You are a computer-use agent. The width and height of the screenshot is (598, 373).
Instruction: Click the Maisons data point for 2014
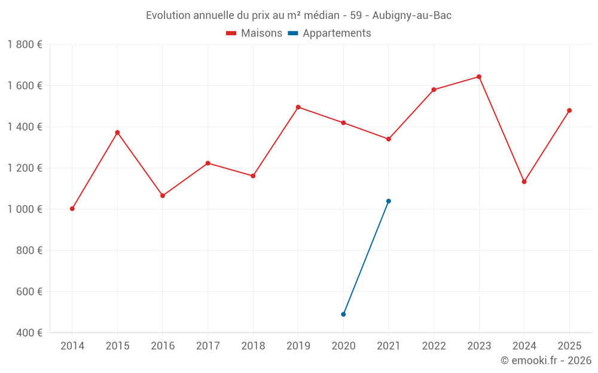click(72, 209)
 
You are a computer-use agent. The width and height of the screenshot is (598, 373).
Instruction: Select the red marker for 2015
click(117, 132)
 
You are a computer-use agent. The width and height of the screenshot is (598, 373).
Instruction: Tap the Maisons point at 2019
click(298, 107)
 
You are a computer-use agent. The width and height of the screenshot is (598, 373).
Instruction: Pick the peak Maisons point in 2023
click(479, 76)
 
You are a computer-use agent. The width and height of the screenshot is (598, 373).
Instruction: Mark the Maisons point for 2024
click(524, 181)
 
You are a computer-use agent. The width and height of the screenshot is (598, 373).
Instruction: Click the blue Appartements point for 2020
click(343, 315)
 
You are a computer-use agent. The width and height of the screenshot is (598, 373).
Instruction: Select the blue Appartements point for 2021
click(389, 201)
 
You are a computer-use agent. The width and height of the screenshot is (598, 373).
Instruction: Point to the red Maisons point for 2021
click(389, 139)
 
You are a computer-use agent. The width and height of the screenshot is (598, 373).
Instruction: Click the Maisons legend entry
click(254, 33)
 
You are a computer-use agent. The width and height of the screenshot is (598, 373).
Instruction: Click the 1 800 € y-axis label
click(25, 45)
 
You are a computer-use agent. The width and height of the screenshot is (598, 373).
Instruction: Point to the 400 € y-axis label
click(28, 333)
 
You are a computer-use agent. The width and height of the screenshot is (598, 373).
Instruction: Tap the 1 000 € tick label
click(25, 209)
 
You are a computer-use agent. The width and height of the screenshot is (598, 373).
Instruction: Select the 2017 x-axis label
click(208, 346)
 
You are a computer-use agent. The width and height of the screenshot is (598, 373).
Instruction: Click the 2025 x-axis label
click(569, 346)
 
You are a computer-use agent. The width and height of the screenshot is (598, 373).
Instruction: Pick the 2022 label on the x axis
click(434, 346)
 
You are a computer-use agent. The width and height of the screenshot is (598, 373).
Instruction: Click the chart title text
click(298, 16)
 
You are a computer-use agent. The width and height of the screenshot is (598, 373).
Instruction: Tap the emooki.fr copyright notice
click(546, 360)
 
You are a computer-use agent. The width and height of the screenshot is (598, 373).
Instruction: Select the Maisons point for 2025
click(569, 110)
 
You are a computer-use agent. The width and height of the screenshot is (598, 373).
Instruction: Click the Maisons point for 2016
click(163, 196)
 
